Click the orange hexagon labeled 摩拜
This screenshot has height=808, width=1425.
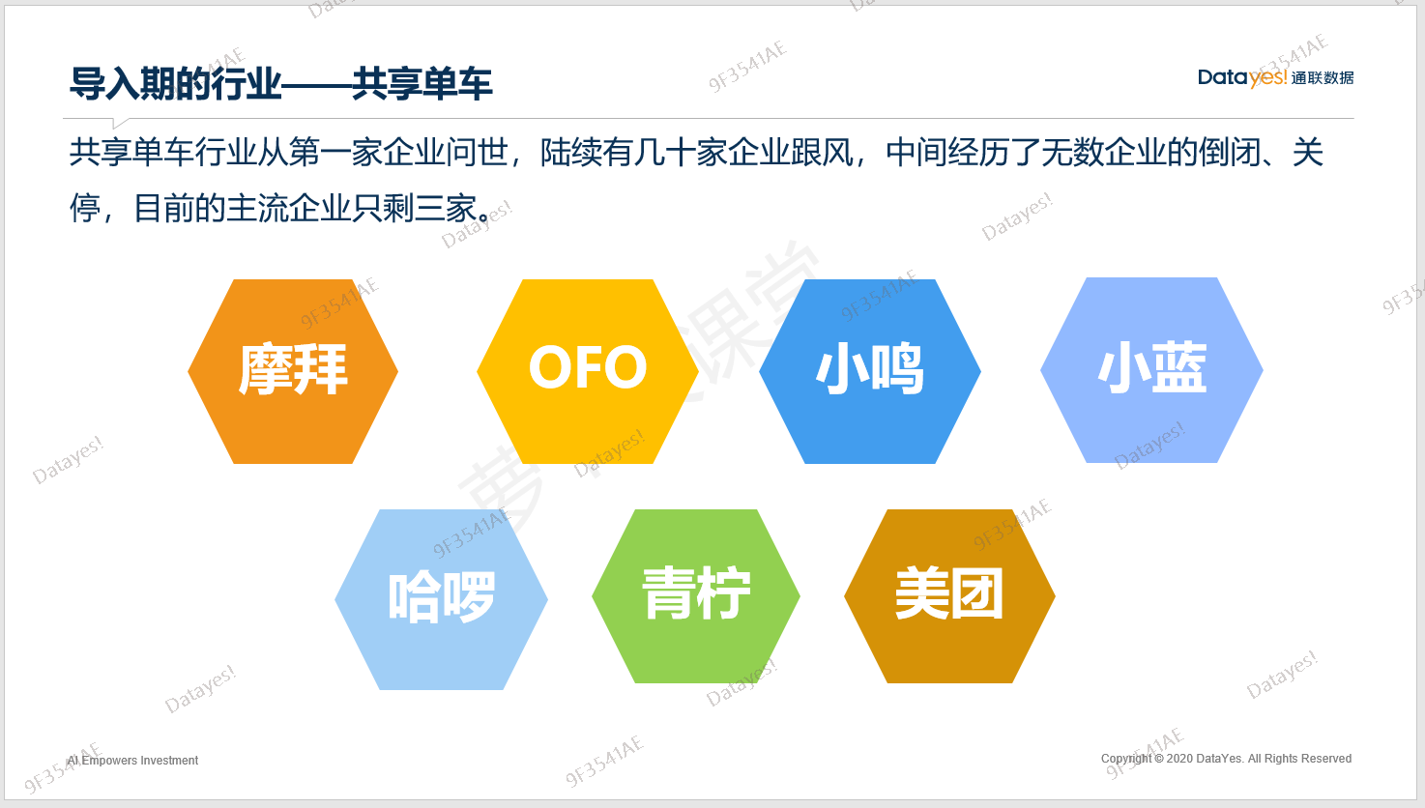293,371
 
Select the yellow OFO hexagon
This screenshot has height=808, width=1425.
588,371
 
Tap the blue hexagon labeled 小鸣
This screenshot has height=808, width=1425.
870,371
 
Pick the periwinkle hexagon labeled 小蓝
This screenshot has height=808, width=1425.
1151,369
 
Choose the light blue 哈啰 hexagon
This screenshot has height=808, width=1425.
441,599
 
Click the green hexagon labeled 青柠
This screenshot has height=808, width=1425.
696,596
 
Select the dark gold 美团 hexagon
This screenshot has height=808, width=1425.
949,596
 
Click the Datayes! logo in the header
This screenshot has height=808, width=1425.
1241,77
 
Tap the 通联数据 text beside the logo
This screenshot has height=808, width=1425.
1322,78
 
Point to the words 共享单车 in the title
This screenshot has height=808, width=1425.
422,83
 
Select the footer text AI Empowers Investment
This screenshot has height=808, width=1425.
132,761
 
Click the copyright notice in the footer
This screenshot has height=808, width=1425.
1226,759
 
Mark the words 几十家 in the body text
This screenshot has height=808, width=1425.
680,153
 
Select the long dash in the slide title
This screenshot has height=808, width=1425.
316,84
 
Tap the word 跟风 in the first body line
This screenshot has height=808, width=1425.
822,153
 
